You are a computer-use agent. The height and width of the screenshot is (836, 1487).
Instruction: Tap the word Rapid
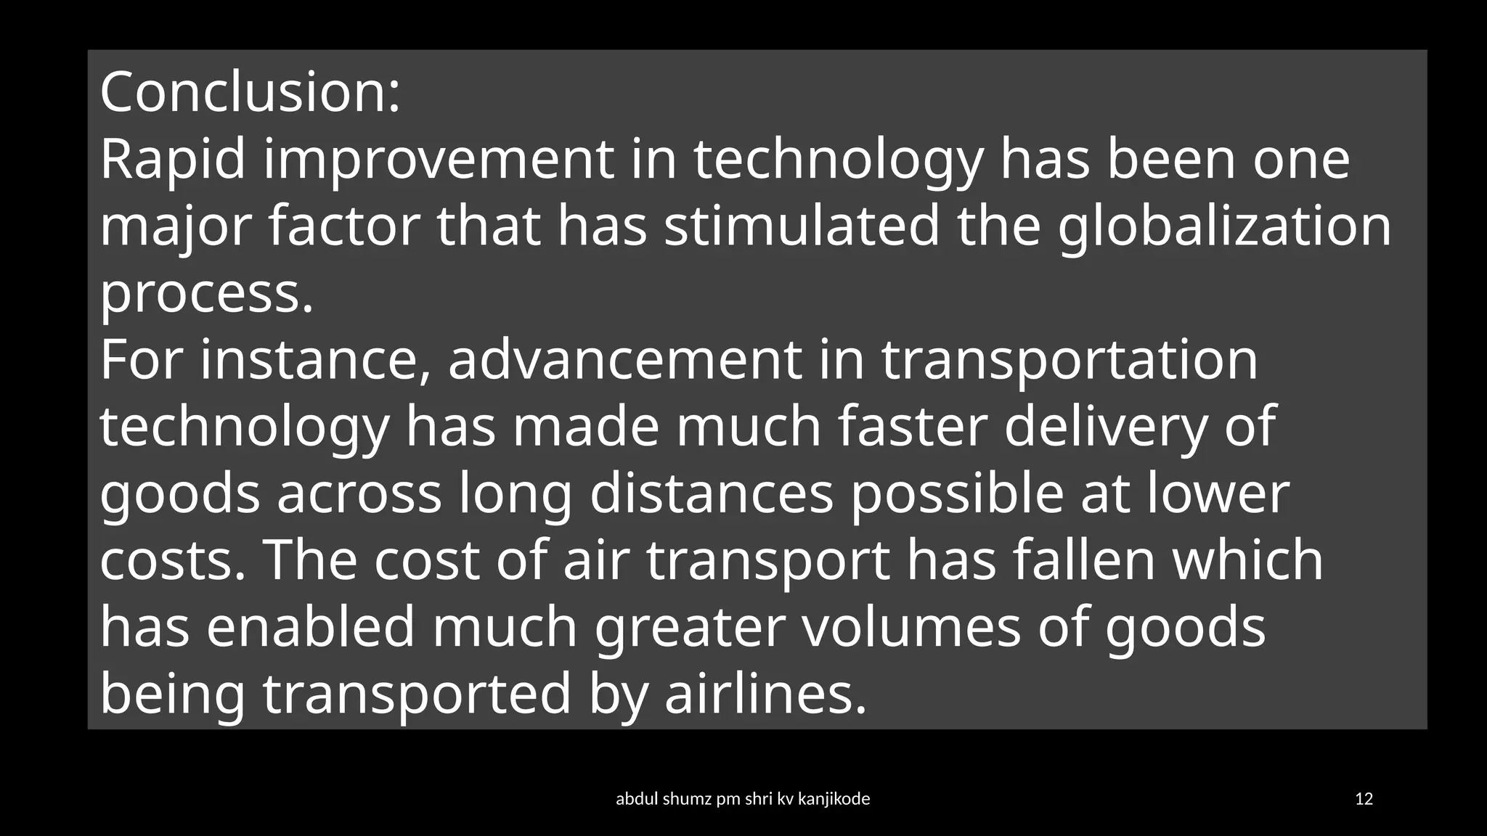173,160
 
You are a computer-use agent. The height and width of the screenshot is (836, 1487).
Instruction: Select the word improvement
438,161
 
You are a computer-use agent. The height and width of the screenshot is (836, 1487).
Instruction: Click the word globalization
1224,228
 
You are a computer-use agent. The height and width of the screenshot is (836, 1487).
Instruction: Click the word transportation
1069,361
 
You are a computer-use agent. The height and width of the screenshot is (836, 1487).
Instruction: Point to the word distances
712,494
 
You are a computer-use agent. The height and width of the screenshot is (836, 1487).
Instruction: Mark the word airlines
766,694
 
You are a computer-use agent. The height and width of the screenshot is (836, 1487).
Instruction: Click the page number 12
1364,799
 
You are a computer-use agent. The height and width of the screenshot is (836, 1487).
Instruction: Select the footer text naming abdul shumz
743,799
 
